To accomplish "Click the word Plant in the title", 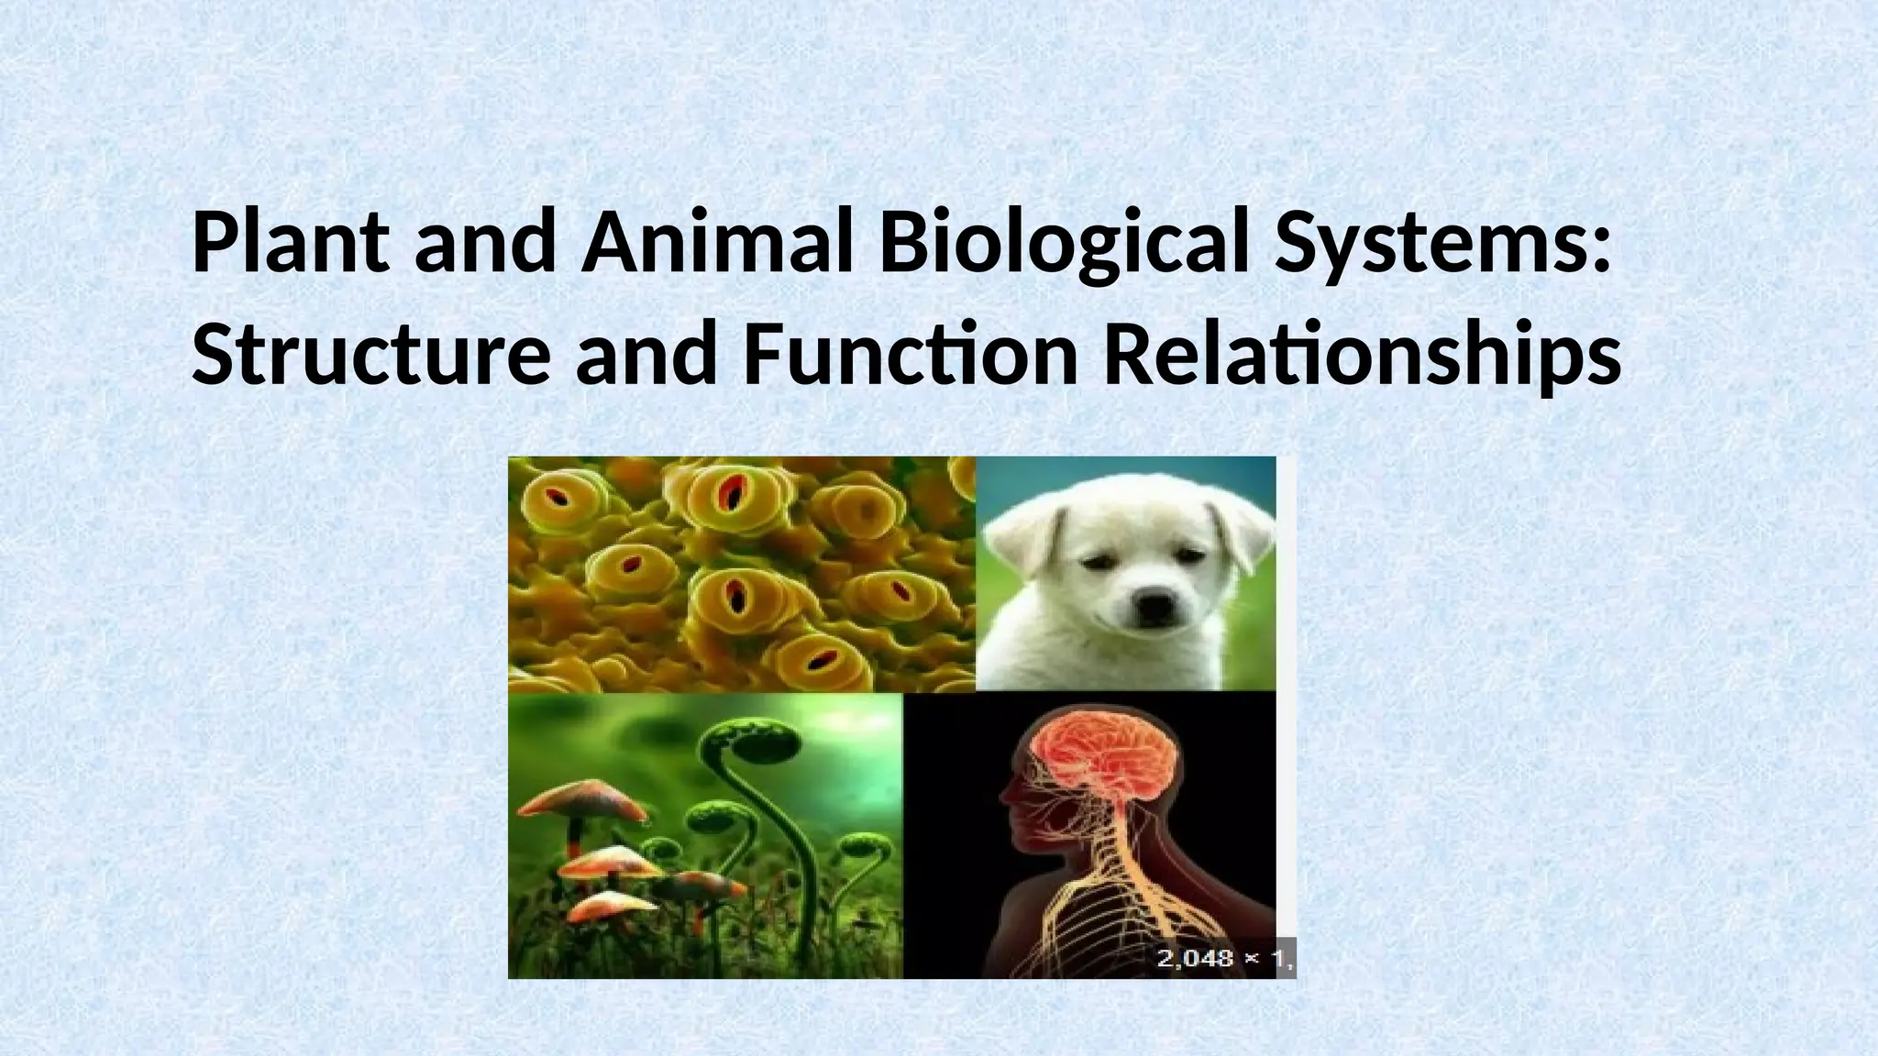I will [x=290, y=244].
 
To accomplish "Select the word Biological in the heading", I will [x=1064, y=246].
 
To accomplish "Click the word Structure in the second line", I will [x=370, y=356].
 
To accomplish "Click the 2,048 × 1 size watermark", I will [x=1223, y=958].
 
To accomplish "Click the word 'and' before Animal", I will [x=484, y=244].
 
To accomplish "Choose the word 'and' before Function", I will [x=646, y=356].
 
